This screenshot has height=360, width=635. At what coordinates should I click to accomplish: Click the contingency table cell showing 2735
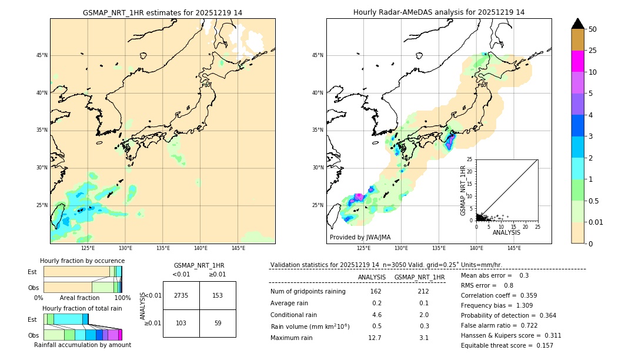coord(181,295)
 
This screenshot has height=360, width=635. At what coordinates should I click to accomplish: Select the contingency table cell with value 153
coord(218,295)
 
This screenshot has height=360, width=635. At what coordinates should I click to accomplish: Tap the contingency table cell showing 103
coord(181,323)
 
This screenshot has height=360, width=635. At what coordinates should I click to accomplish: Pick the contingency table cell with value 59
coord(218,323)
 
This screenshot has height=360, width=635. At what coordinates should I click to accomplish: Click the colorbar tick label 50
coord(593,29)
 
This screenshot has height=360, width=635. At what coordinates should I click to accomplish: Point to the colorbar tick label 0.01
coord(595,222)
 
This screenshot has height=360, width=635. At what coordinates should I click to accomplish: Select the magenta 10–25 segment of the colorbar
coord(577,61)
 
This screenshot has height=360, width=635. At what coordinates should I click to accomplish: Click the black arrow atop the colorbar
coord(577,24)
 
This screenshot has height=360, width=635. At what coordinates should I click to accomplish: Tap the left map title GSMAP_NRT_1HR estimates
coord(162,12)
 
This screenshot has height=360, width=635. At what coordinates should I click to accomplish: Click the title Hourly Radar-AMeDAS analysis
coord(439,12)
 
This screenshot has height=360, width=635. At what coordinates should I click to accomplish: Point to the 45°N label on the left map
coord(42,55)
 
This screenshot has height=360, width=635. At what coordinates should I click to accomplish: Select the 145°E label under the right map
coord(514,248)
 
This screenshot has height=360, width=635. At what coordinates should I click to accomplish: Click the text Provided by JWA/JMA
coord(360,237)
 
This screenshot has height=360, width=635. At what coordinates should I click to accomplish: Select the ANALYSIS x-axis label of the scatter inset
coord(506,232)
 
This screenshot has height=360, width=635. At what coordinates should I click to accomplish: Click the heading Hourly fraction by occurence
coord(82,261)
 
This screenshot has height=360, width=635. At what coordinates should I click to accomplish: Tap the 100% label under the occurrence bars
coord(122,298)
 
